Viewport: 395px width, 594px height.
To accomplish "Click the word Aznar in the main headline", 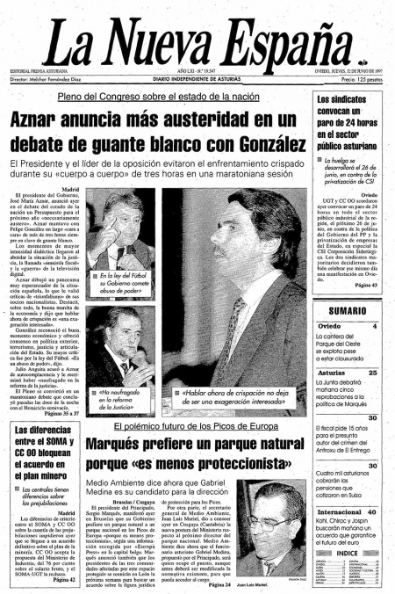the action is click(x=41, y=120).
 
